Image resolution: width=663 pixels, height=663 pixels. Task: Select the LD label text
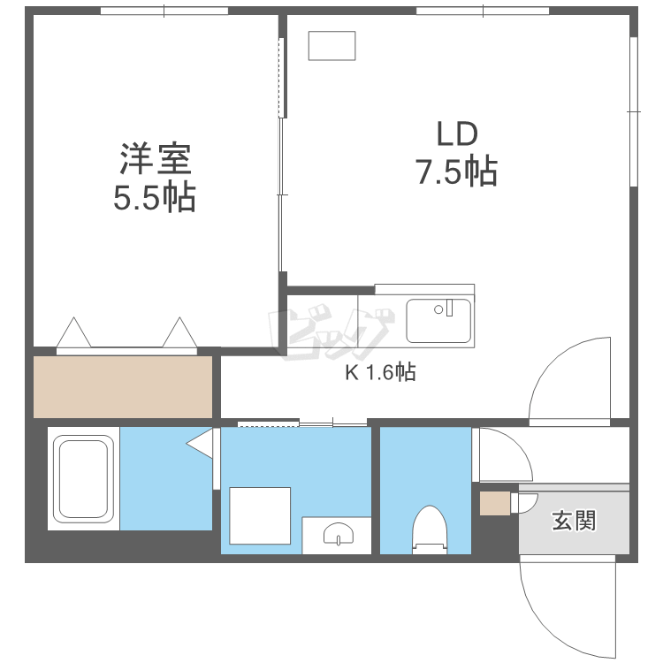coord(456,133)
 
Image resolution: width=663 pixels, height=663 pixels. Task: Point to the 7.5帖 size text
coord(456,171)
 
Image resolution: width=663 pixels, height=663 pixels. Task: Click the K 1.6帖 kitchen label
coord(380,372)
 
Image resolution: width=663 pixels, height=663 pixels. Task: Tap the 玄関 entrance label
coord(574,521)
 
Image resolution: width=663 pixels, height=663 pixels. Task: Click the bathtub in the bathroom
coord(83,478)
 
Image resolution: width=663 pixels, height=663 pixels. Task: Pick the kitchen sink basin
coord(438,320)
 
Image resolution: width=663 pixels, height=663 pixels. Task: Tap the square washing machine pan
coord(260,515)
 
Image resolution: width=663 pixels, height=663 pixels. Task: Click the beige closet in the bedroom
coord(123,386)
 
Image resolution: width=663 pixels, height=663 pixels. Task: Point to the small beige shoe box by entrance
coord(494,504)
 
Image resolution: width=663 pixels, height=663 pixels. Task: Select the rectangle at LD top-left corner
coord(331,46)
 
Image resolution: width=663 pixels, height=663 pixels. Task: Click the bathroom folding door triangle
coord(202,442)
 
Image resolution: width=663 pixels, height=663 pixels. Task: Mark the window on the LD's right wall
coord(634,111)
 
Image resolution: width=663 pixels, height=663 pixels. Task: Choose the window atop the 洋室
coord(164,11)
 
